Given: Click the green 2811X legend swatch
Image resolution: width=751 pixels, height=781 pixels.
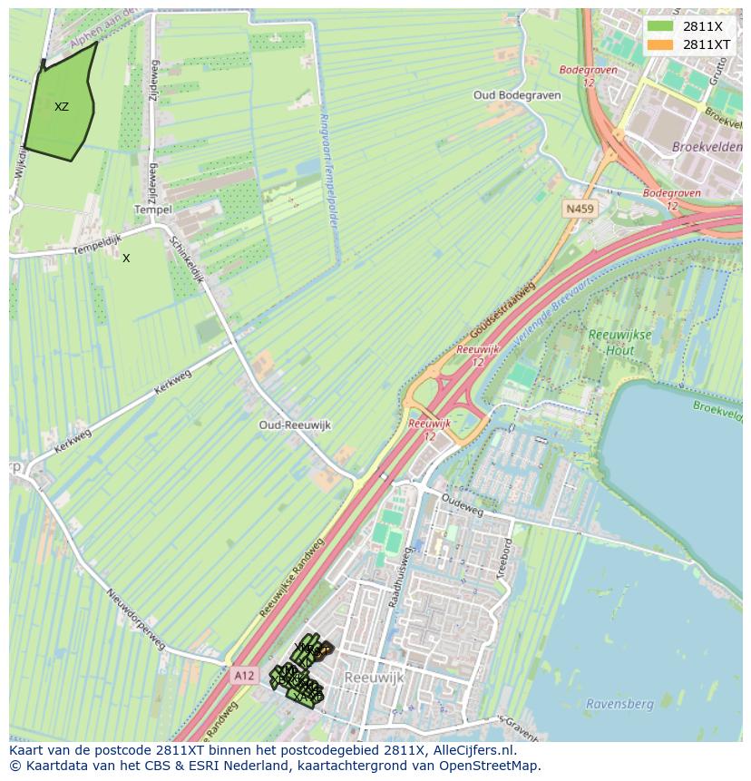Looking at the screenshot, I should coord(660,26).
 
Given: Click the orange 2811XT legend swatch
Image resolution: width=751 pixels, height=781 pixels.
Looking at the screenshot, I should coord(660,44).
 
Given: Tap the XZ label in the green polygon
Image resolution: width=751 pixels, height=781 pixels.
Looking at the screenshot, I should coord(61,107).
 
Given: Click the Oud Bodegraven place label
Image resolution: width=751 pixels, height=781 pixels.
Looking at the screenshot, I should coord(517,95).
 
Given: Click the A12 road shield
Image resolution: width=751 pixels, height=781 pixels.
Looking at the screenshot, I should coord(243,675).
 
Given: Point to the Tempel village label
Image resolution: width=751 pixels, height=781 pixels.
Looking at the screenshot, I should coord(152,210).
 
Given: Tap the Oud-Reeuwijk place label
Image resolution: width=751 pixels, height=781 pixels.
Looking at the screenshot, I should coord(295,425).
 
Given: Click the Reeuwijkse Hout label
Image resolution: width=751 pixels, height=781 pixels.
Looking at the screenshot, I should coord(619,342).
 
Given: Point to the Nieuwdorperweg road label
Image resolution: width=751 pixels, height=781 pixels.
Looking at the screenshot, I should coord(136,620).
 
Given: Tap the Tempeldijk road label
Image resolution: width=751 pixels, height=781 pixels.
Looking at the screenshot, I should coord(73,248).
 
